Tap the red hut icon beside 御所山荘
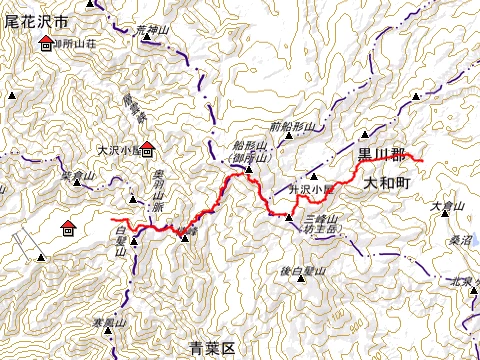47,44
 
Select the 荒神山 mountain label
148,29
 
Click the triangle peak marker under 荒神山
148,39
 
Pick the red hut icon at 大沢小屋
147,151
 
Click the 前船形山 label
292,127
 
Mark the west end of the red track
112,219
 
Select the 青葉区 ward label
211,348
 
